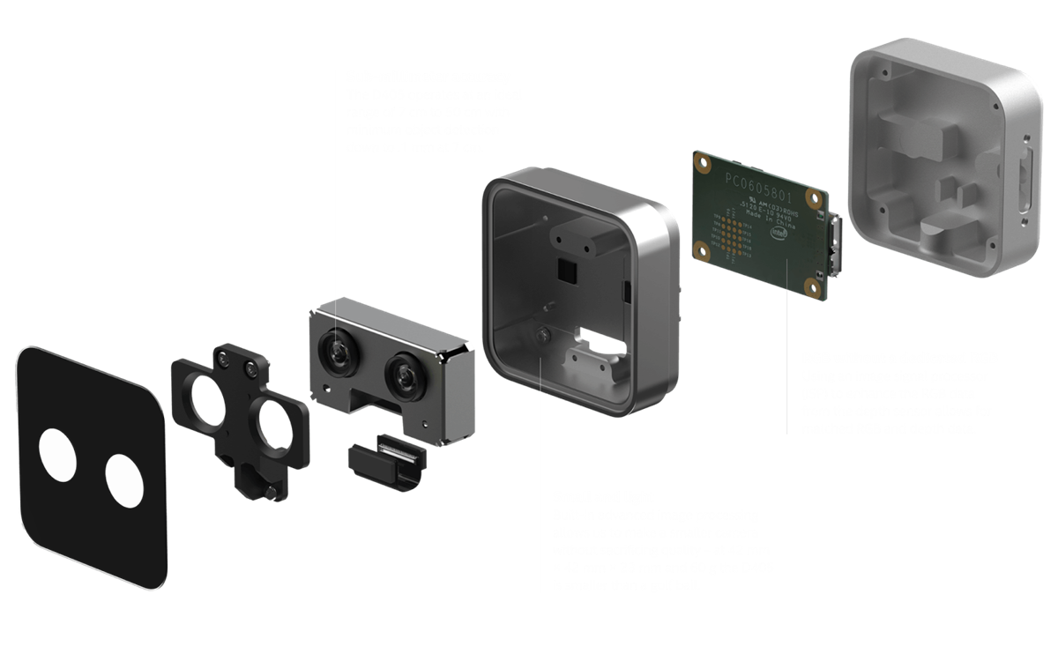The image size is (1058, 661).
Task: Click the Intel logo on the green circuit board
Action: (780, 233)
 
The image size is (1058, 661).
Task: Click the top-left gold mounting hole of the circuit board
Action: (702, 163)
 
